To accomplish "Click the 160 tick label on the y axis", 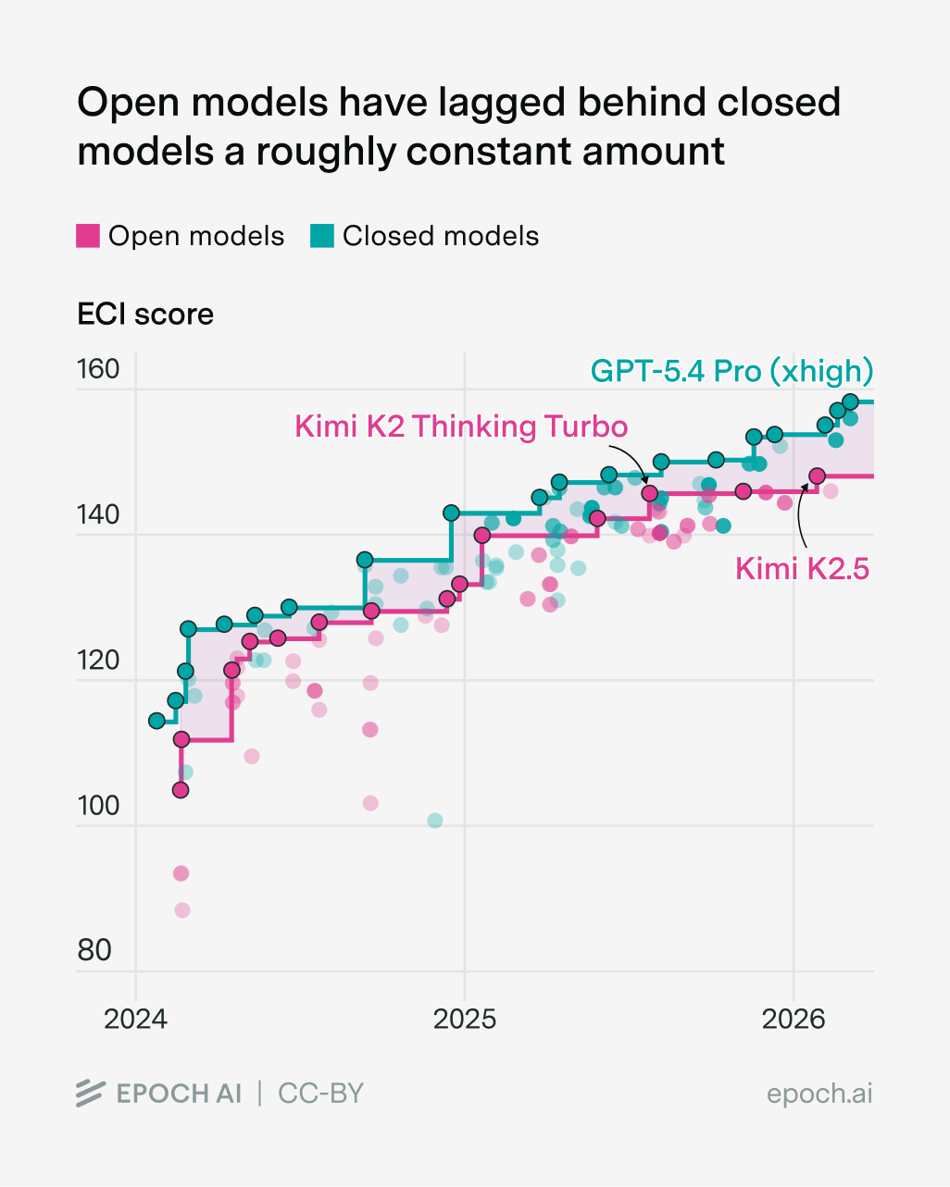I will pos(98,369).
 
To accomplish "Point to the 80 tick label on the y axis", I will pos(94,950).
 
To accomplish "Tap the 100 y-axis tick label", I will pos(98,805).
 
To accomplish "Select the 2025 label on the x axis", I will pos(465,1020).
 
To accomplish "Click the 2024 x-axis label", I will pos(135,1020).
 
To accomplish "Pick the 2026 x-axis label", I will pos(794,1020).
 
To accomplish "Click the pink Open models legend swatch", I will pos(87,236).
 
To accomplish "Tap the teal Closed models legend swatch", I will pos(321,236).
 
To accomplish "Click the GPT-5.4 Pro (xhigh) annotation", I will pos(731,371).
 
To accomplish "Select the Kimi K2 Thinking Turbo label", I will pos(461,427).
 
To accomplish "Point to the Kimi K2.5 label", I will pos(802,568).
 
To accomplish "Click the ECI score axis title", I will pos(145,315).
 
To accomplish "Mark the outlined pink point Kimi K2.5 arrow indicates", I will pos(817,476).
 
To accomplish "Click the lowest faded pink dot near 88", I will pos(182,910).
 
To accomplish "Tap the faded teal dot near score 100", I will pos(434,821).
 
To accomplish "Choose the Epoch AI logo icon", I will pos(90,1094).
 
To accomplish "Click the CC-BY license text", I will pos(321,1094).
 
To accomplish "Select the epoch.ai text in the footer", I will pos(819,1094).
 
